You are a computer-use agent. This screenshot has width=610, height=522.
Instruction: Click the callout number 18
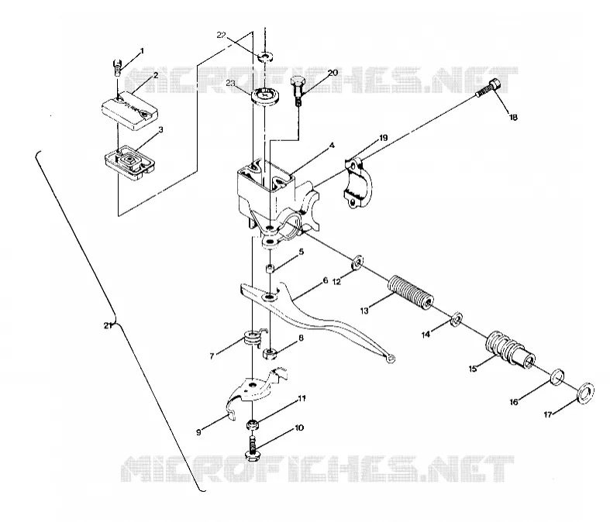(513, 117)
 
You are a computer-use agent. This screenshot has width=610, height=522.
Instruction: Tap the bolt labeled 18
(488, 88)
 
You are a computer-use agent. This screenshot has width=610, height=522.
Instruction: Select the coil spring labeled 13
(411, 292)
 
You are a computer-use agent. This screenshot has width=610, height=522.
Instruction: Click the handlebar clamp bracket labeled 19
(357, 183)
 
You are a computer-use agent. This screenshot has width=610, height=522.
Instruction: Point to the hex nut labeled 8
(270, 354)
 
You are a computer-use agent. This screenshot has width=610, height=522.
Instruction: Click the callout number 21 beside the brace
(108, 326)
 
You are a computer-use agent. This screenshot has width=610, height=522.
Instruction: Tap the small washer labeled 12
(357, 263)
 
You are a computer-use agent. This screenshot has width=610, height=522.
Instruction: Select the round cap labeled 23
(266, 96)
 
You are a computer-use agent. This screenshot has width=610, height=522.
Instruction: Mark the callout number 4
(332, 146)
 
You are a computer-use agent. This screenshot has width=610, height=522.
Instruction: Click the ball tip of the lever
(390, 359)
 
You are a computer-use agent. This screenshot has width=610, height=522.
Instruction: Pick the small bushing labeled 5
(270, 267)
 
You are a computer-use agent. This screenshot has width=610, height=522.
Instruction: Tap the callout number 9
(198, 432)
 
